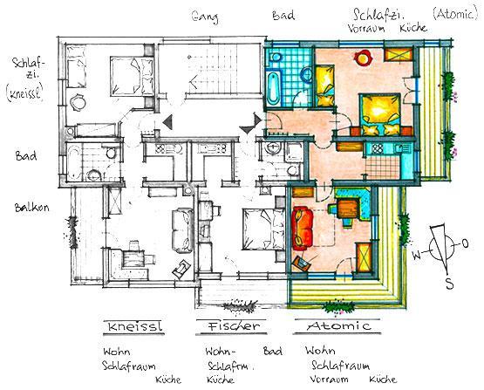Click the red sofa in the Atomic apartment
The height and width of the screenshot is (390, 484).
303,229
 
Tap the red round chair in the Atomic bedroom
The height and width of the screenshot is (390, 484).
364,58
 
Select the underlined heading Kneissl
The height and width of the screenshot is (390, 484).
134,326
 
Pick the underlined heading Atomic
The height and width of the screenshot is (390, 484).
338,325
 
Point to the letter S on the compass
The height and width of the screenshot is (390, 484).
449,284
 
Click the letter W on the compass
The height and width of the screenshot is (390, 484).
417,255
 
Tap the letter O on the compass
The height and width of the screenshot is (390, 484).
465,243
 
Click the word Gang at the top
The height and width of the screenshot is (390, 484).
205,17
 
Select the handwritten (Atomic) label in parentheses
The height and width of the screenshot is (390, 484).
455,14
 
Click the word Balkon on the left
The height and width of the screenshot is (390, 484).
31,207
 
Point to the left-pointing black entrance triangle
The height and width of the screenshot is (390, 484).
167,122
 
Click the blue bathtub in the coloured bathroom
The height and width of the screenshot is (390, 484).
274,88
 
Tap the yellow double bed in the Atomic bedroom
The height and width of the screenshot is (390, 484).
381,114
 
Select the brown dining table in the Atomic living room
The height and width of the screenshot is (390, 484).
348,209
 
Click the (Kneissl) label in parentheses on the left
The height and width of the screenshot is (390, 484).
24,92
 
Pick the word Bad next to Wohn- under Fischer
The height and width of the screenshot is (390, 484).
272,351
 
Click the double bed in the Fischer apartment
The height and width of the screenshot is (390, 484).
263,229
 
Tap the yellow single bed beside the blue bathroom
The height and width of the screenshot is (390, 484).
324,86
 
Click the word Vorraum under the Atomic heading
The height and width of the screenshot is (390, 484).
329,379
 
